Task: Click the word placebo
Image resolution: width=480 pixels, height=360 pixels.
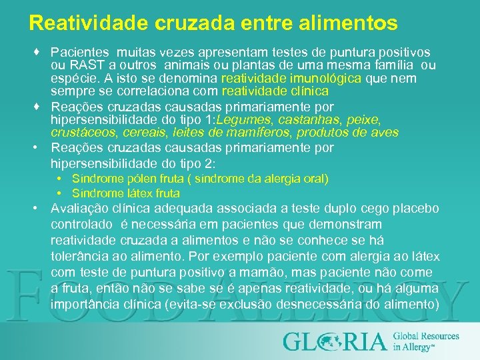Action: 416,209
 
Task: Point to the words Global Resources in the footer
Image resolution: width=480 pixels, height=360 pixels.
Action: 426,336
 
